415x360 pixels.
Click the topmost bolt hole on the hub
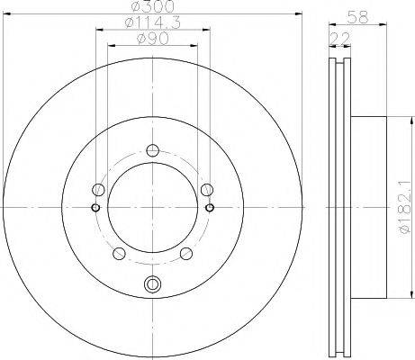click(152, 150)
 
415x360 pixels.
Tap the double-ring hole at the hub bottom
click(152, 286)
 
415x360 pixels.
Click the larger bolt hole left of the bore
click(97, 189)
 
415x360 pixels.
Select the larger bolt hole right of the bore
click(208, 189)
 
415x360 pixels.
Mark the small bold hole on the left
click(95, 208)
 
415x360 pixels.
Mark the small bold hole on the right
click(211, 208)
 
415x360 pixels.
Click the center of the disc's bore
click(152, 208)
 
